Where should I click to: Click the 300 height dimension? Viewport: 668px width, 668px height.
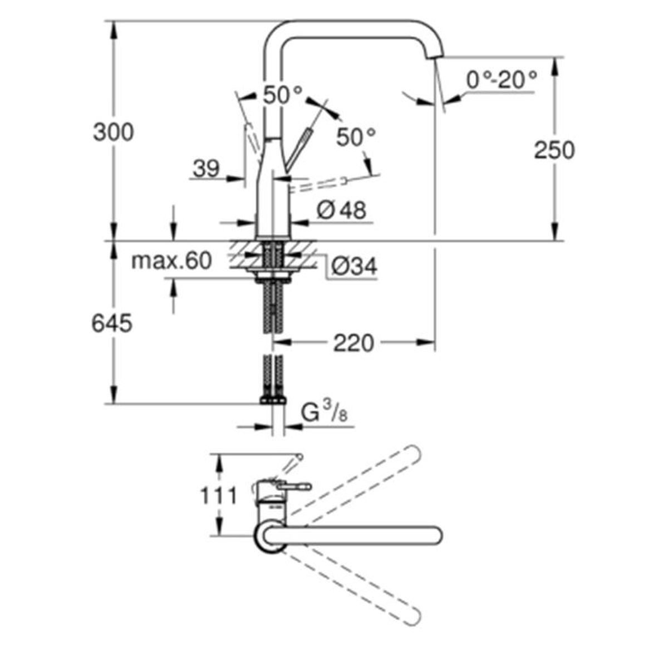114,132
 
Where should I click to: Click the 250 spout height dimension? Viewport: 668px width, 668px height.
554,150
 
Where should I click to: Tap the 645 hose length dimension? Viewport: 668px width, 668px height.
112,323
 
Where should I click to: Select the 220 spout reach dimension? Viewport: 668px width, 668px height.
353,343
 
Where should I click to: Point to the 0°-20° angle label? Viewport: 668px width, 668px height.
502,80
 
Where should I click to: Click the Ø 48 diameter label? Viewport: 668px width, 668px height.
341,210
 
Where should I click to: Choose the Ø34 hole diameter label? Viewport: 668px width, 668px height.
354,266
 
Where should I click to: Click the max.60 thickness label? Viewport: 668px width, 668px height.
171,261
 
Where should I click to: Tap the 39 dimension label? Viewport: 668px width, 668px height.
207,169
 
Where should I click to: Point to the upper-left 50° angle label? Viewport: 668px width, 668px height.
283,95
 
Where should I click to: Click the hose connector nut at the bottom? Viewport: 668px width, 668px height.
273,400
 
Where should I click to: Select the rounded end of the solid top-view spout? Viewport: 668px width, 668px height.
436,535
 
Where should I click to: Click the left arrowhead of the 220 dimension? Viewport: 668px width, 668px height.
281,342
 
